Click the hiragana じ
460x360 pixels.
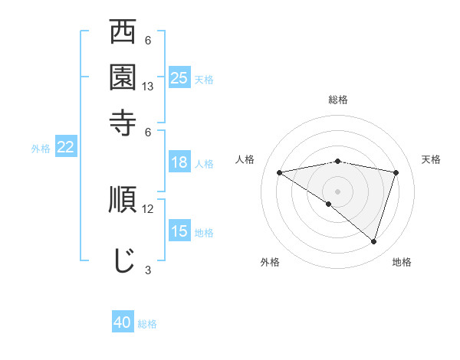click(x=123, y=259)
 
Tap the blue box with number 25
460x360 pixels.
click(x=179, y=77)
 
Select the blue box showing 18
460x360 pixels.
click(x=179, y=162)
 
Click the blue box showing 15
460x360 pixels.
click(x=179, y=231)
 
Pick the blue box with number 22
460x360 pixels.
click(x=65, y=147)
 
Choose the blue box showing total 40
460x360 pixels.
click(x=123, y=322)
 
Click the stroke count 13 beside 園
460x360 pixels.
click(x=149, y=87)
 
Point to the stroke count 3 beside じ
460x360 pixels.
click(x=148, y=269)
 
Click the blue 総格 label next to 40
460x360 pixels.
click(x=147, y=324)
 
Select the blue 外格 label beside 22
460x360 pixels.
click(x=40, y=149)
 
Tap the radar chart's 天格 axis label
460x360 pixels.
click(x=431, y=159)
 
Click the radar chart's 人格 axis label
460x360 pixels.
click(x=245, y=159)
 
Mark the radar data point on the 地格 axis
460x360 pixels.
click(x=374, y=241)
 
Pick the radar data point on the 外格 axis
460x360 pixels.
click(x=329, y=204)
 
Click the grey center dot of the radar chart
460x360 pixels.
click(x=337, y=191)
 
